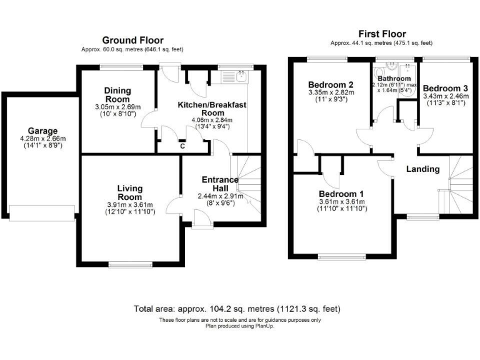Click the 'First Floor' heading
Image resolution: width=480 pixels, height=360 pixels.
click(381, 34)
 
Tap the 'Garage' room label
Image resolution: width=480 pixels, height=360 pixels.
click(38, 131)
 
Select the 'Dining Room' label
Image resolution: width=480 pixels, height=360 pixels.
click(117, 96)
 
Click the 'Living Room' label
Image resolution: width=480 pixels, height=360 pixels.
click(130, 192)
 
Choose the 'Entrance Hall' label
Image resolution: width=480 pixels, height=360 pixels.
click(220, 184)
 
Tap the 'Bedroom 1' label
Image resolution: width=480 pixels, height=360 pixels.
click(341, 194)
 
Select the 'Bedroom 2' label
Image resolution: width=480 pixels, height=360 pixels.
click(331, 85)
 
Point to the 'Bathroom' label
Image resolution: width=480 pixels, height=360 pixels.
click(394, 78)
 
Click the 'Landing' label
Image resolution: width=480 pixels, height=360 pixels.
click(423, 169)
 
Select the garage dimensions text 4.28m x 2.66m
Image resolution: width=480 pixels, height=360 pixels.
click(38, 140)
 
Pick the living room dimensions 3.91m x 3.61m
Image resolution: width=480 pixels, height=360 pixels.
click(130, 206)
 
